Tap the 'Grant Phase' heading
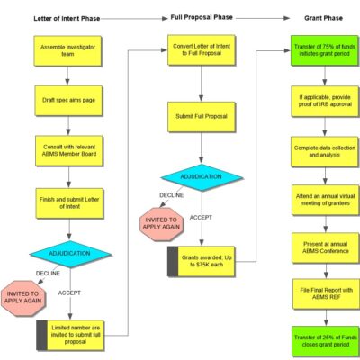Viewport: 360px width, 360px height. pyautogui.click(x=320, y=17)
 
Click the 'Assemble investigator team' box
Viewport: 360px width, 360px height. pyautogui.click(x=69, y=50)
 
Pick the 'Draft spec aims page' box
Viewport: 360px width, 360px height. pyautogui.click(x=69, y=99)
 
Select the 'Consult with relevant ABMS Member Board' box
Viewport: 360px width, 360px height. pyautogui.click(x=69, y=148)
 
